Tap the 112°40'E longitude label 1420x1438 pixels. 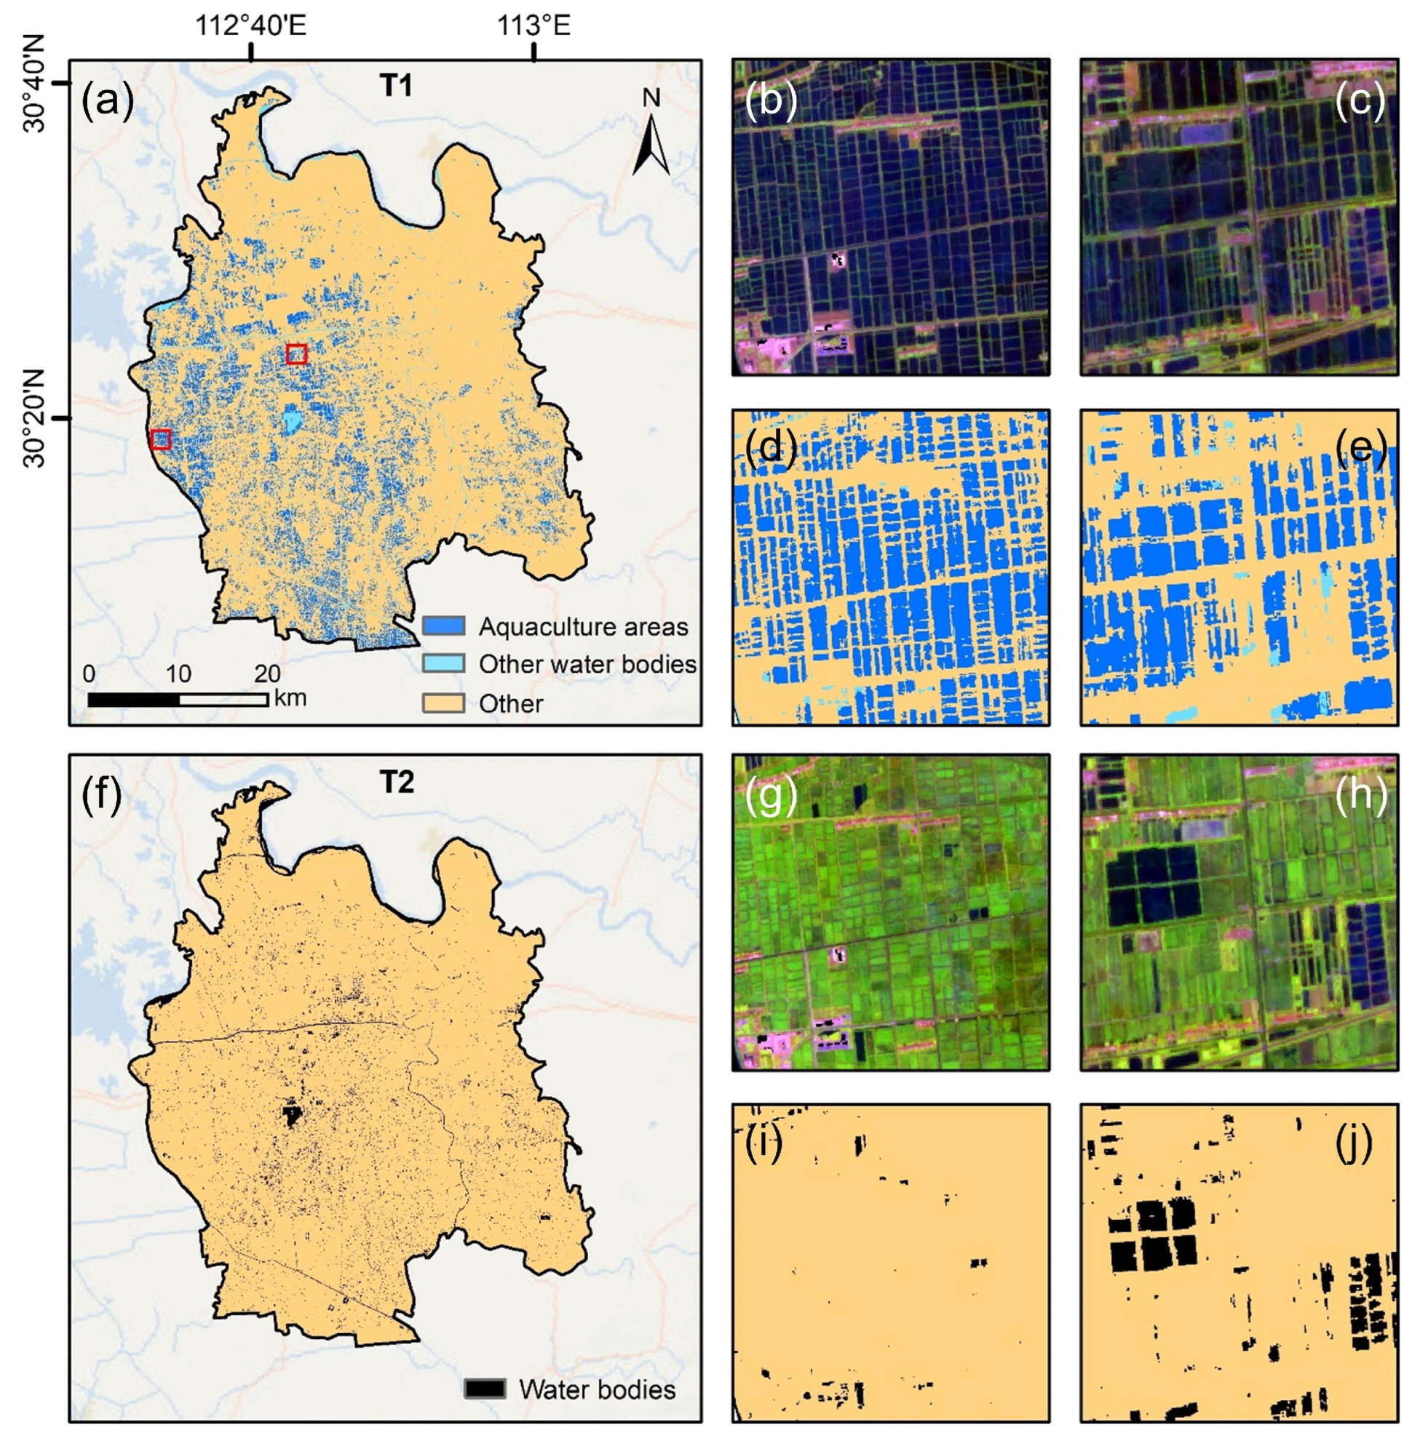[x=250, y=26]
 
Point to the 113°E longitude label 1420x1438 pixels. [x=534, y=26]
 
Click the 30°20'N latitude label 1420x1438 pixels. [x=34, y=418]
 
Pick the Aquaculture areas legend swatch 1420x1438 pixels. [x=444, y=626]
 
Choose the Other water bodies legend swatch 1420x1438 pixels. [x=444, y=663]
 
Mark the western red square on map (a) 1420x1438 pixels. [x=161, y=439]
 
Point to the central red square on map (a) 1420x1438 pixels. [x=296, y=354]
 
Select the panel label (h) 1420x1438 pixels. [x=1360, y=796]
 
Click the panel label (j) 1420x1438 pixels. [x=1353, y=1145]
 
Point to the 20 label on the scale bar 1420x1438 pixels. [x=267, y=674]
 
